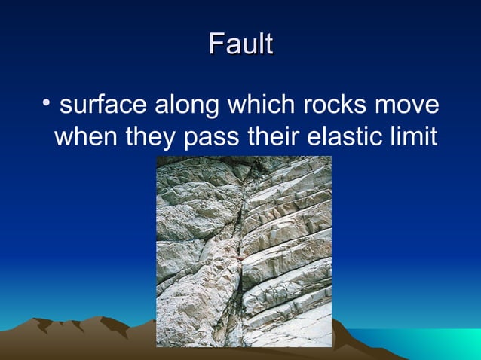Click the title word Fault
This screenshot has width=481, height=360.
pyautogui.click(x=240, y=44)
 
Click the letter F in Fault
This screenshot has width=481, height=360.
pyautogui.click(x=215, y=44)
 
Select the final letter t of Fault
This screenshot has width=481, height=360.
pyautogui.click(x=268, y=44)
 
